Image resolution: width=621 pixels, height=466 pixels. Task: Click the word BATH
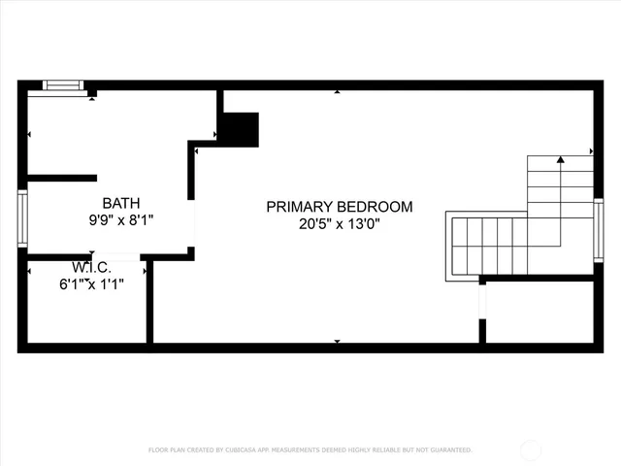click(120, 203)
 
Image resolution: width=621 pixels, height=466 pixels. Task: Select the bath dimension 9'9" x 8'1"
click(120, 219)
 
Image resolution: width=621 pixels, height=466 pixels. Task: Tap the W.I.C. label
click(91, 267)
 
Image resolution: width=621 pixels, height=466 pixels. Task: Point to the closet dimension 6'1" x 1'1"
click(91, 283)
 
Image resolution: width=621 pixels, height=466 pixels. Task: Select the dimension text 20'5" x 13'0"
click(340, 224)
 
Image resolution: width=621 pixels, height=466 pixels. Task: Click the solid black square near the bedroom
click(242, 129)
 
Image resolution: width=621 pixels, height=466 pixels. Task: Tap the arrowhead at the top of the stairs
click(561, 157)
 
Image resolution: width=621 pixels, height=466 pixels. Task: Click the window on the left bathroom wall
click(21, 218)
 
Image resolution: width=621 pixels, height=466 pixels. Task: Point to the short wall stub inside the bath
click(61, 178)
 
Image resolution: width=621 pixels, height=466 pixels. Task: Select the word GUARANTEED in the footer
click(447, 450)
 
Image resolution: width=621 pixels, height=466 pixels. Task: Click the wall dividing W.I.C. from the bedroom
click(149, 301)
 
